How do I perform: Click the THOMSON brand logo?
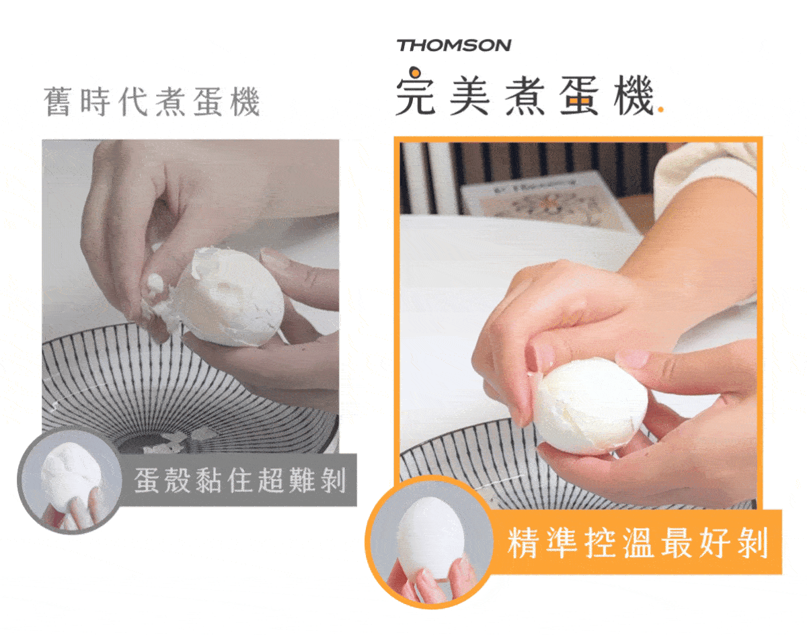point(454,46)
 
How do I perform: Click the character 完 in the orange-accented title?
point(416,91)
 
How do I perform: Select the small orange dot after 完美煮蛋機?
point(660,110)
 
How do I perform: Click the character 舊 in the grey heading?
point(57,101)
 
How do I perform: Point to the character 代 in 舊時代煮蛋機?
point(132,101)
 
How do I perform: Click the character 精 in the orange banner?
point(523,542)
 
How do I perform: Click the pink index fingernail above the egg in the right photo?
point(633,359)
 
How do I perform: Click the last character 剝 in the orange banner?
point(753,542)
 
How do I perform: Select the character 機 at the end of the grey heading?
point(245,101)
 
